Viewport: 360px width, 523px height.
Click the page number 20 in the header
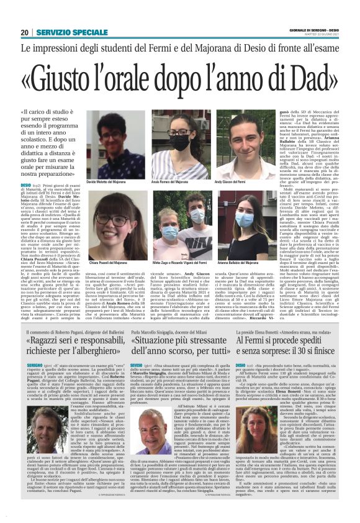click(25, 32)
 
